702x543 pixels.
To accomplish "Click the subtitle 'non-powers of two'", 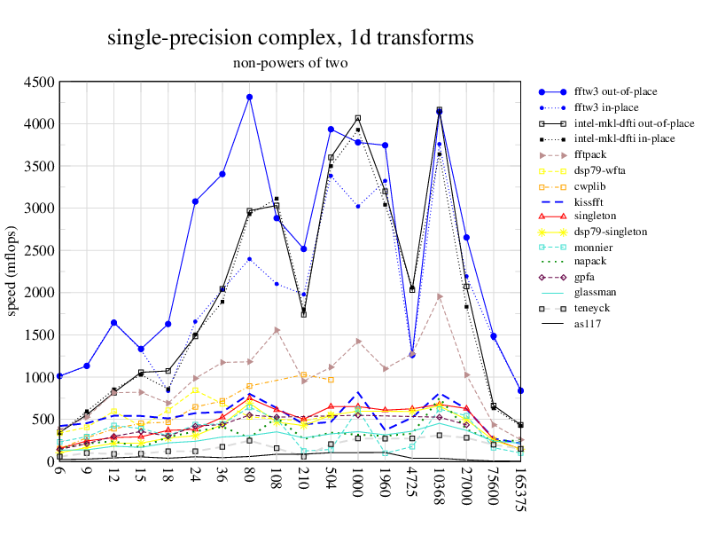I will pos(290,63).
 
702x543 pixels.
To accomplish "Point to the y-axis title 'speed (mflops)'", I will pos(12,271).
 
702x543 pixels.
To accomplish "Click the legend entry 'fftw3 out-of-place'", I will pos(615,91).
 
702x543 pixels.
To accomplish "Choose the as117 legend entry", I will pos(588,324).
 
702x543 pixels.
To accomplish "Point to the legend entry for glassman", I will pos(596,293).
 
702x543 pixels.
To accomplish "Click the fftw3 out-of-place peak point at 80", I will pos(250,97).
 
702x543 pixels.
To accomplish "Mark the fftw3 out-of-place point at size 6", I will pos(59,376).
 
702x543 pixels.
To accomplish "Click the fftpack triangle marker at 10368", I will pos(440,296).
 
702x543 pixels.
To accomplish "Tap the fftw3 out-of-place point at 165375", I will pos(521,390).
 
